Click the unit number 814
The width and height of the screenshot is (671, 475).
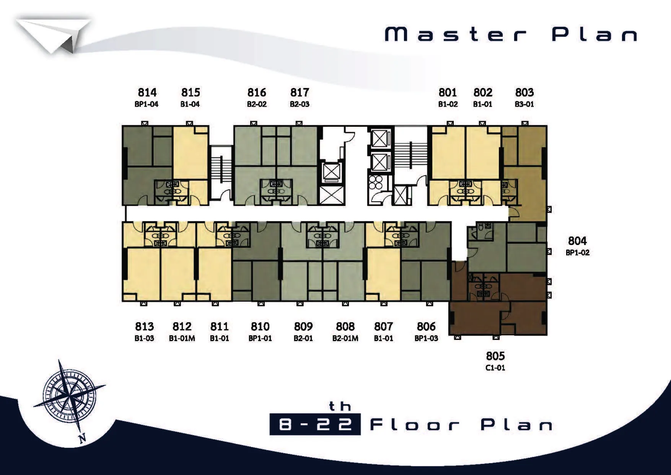pos(147,92)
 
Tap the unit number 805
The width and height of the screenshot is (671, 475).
pos(495,356)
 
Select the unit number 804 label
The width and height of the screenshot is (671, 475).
pos(577,241)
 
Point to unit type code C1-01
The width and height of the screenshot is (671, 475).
pos(495,368)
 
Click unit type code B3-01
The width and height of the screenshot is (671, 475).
pos(524,104)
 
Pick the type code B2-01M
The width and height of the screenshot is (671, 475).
pos(345,338)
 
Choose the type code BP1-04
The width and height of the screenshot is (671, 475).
pos(147,104)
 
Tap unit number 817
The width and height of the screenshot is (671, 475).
pos(300,92)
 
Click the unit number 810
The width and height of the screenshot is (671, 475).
pos(260,326)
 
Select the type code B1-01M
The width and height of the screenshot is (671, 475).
pos(182,338)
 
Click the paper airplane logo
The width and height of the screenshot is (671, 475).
pos(54,36)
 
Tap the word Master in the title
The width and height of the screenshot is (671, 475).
pos(455,34)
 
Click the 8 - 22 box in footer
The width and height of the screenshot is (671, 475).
pos(315,424)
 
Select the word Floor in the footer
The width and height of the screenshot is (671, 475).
pos(415,424)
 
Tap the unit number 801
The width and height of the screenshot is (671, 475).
pos(448,92)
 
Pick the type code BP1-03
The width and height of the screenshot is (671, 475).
pos(426,338)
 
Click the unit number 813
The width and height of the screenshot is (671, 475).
pos(144,326)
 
